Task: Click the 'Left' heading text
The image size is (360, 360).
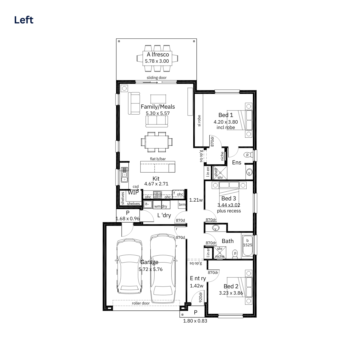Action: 24,20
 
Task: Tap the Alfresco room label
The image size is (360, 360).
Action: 158,54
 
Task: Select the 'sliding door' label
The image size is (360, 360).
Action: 156,77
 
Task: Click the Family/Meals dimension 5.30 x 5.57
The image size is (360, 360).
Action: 158,113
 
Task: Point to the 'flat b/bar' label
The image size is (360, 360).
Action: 158,159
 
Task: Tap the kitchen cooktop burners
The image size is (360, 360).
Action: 157,194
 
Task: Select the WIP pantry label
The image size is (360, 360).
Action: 133,192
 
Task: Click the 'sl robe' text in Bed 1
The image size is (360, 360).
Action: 199,121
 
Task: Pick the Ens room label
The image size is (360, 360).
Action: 236,162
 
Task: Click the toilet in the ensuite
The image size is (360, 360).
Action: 248,155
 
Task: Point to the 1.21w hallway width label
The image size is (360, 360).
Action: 196,200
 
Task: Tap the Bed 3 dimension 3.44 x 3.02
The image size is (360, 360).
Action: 229,205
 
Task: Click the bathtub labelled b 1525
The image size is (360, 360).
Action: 247,246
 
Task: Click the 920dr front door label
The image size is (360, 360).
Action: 200,297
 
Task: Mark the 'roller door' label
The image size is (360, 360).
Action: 141,303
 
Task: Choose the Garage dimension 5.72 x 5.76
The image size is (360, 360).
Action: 150,269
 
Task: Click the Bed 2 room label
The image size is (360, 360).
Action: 231,286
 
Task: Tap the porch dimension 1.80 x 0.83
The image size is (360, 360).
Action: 195,321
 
